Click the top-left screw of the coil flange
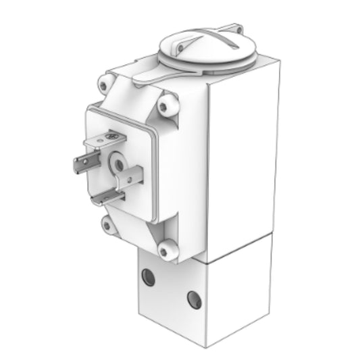(103, 86)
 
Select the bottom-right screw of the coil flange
(164, 250)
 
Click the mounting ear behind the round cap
(236, 29)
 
